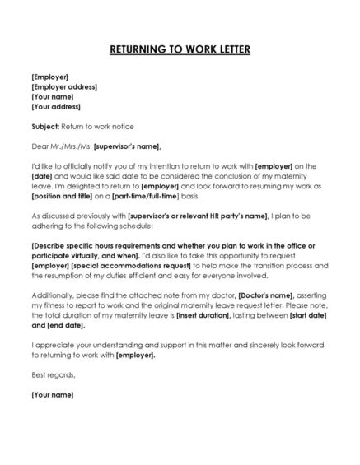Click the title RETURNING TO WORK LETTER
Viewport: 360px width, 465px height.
pyautogui.click(x=180, y=49)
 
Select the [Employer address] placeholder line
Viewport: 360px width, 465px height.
pyautogui.click(x=64, y=86)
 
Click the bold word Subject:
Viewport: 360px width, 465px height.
pyautogui.click(x=45, y=127)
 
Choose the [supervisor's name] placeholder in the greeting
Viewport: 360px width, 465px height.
pyautogui.click(x=126, y=146)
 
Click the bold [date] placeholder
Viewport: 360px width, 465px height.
pyautogui.click(x=42, y=176)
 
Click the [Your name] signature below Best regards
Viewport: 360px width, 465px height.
pyautogui.click(x=53, y=394)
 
